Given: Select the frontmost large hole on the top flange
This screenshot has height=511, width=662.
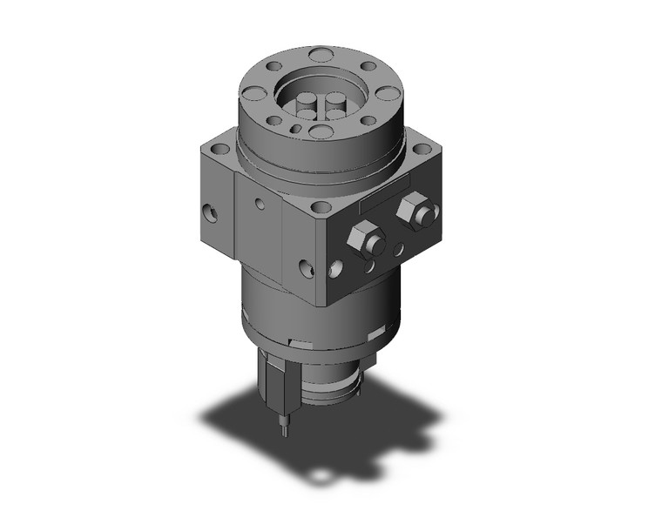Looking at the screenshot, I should click(x=321, y=132).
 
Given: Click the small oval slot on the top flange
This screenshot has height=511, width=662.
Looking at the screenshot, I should click(x=298, y=130).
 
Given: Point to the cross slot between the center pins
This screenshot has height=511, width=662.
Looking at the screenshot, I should click(x=322, y=107).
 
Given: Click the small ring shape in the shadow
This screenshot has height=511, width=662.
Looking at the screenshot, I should click(x=322, y=475).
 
